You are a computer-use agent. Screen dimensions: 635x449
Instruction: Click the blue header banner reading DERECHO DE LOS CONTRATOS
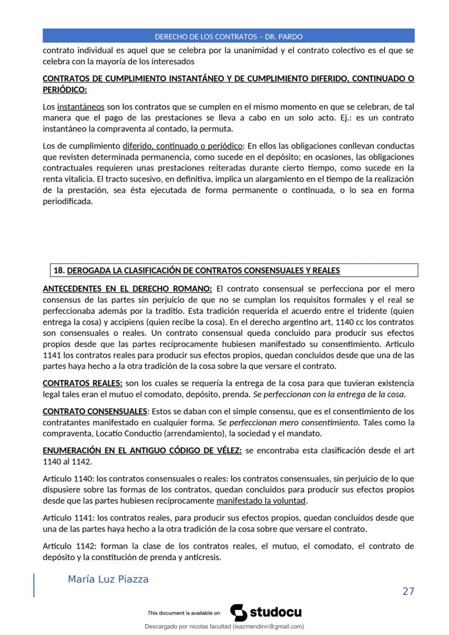pyautogui.click(x=228, y=36)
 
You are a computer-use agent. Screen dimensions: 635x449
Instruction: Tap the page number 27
pyautogui.click(x=408, y=591)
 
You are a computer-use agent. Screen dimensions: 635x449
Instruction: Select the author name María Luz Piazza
pyautogui.click(x=108, y=579)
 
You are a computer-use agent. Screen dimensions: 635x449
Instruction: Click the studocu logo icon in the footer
pyautogui.click(x=238, y=613)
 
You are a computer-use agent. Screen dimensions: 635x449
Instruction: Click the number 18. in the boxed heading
pyautogui.click(x=59, y=270)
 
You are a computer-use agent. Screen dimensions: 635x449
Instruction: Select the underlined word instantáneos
pyautogui.click(x=80, y=107)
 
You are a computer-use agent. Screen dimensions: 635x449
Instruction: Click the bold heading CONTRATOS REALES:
pyautogui.click(x=82, y=383)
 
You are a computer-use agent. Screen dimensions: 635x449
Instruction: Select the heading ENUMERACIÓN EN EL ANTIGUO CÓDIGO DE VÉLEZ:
pyautogui.click(x=142, y=451)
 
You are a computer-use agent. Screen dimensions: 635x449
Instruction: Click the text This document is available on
pyautogui.click(x=183, y=613)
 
